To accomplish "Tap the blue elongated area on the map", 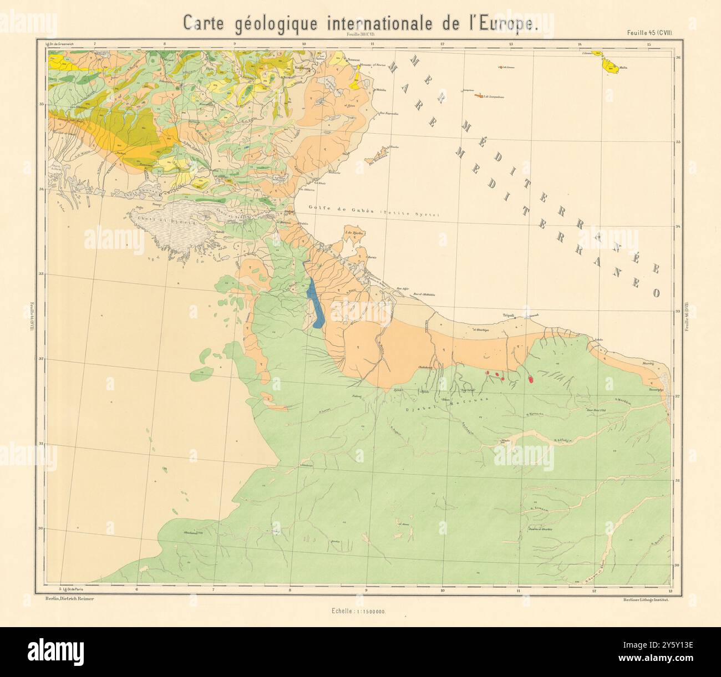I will coord(316,304).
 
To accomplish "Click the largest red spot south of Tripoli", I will coord(530,380).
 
